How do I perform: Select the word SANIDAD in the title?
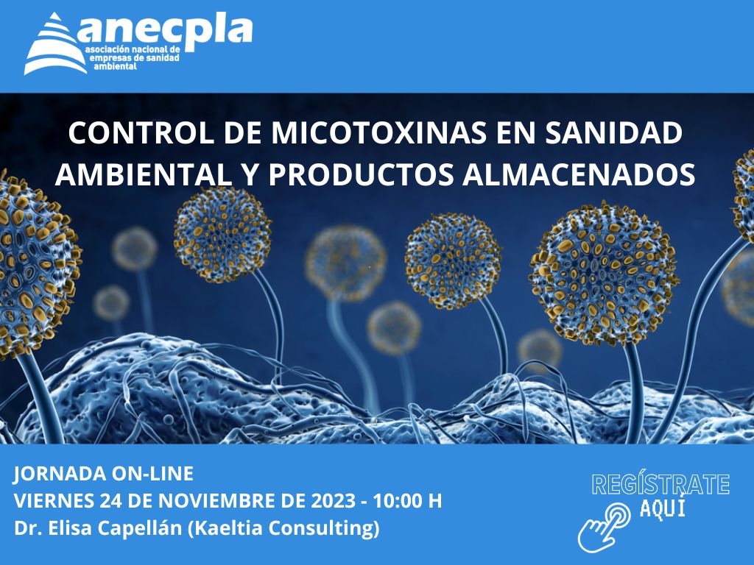613,133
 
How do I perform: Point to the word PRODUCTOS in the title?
361,174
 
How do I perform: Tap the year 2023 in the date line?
334,500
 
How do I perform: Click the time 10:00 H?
408,500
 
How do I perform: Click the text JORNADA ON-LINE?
103,474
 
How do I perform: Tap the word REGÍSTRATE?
660,484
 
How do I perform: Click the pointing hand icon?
604,527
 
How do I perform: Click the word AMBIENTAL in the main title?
142,174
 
